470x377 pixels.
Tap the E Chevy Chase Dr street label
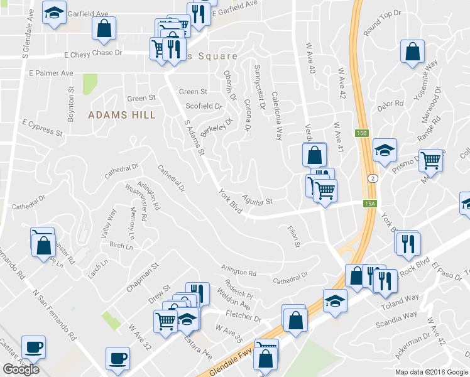pyautogui.click(x=84, y=53)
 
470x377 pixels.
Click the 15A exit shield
pyautogui.click(x=371, y=203)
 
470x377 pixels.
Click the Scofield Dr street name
pyautogui.click(x=204, y=106)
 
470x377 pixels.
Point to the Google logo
pyautogui.click(x=21, y=369)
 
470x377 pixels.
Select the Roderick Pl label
pyautogui.click(x=239, y=291)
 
